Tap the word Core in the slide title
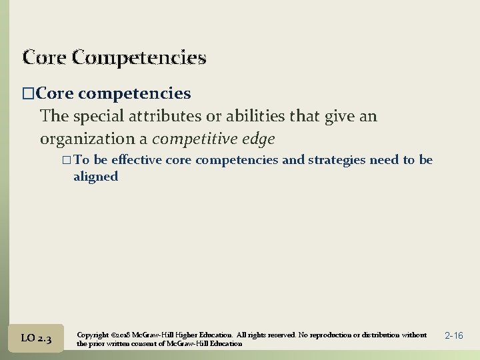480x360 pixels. point(44,57)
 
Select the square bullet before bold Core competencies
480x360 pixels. point(27,93)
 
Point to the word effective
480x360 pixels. point(137,160)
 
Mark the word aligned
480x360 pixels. point(95,176)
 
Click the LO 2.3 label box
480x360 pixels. point(37,339)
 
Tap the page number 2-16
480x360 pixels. point(453,335)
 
